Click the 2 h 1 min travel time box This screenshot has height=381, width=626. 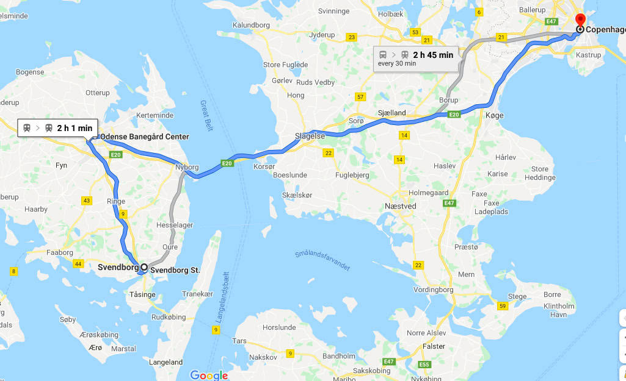pos(58,128)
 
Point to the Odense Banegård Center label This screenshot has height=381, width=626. pos(145,137)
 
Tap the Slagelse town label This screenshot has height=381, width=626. pos(310,137)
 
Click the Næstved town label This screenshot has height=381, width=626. pos(401,206)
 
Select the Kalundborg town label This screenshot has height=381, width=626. pos(251,25)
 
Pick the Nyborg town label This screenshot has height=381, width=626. pos(187,167)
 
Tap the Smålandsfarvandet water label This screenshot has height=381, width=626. pos(322,261)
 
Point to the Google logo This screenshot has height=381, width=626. pos(209,376)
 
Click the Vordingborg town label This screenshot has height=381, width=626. pos(434,290)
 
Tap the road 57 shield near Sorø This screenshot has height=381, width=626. pos(360,97)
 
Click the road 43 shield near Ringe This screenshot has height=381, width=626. pos(87,201)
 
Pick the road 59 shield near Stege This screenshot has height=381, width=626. pos(502,305)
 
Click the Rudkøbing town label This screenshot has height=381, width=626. pos(168,317)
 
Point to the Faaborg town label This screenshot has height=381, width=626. pos(58,252)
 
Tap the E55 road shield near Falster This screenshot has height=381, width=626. pos(424,365)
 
